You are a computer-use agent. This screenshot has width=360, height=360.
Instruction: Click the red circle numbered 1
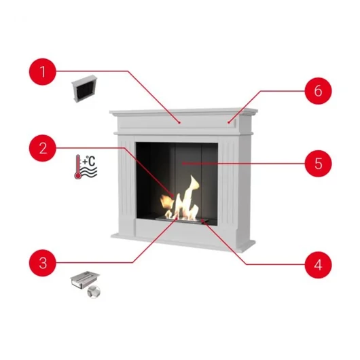pyautogui.click(x=43, y=71)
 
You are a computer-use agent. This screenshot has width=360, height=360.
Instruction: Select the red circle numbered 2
pyautogui.click(x=43, y=148)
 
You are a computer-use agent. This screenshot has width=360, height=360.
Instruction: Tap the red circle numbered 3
pyautogui.click(x=43, y=263)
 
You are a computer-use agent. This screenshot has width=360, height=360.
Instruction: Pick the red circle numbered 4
pyautogui.click(x=318, y=265)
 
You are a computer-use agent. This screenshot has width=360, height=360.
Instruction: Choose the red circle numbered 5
pyautogui.click(x=318, y=164)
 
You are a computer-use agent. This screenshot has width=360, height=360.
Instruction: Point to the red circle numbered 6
pyautogui.click(x=318, y=91)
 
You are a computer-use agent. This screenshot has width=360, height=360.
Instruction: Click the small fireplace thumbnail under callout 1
pyautogui.click(x=84, y=89)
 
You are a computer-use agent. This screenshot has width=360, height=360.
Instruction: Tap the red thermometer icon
pyautogui.click(x=78, y=166)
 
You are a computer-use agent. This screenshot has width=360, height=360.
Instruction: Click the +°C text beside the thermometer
pyautogui.click(x=89, y=161)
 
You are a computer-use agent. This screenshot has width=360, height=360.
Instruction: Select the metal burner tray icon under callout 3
pyautogui.click(x=85, y=280)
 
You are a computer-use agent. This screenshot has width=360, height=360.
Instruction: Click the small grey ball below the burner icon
pyautogui.click(x=94, y=292)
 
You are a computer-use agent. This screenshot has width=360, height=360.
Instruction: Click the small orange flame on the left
pyautogui.click(x=167, y=201)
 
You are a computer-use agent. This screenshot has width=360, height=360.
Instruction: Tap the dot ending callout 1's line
pyautogui.click(x=179, y=123)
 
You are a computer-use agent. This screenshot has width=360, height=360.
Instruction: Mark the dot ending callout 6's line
pyautogui.click(x=229, y=123)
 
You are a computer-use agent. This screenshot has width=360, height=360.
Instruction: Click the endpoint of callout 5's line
pyautogui.click(x=183, y=164)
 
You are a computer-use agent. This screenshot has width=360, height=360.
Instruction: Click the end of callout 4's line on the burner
pyautogui.click(x=202, y=220)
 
